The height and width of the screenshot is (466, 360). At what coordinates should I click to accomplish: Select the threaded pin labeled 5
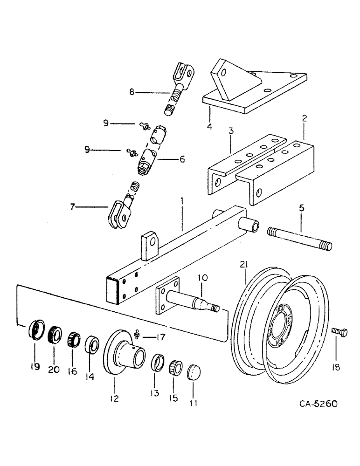298,237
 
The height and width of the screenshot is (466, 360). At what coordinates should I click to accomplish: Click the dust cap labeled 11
194,372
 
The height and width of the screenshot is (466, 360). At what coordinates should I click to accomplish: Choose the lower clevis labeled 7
120,215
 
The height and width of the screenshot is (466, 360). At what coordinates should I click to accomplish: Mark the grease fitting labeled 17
137,334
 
